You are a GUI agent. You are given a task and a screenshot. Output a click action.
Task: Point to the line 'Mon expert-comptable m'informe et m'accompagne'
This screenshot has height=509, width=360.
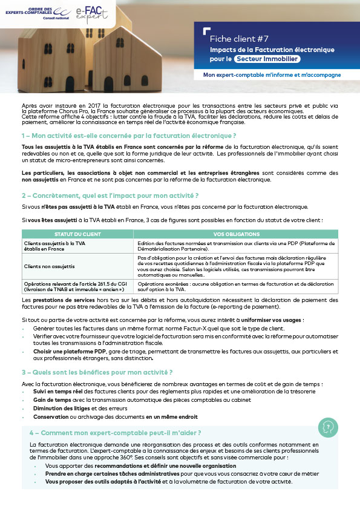[272, 75]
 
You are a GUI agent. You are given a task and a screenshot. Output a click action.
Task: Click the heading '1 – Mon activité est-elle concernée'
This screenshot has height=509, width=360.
[128, 134]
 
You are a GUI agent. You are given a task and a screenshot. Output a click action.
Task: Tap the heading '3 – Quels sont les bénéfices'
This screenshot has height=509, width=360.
[97, 372]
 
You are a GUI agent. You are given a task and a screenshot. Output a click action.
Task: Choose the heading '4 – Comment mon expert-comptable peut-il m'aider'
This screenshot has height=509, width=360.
[115, 433]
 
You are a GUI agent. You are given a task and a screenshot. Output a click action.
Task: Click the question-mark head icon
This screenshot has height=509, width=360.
[329, 427]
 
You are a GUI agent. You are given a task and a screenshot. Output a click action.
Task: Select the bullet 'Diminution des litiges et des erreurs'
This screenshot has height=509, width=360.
[73, 409]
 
